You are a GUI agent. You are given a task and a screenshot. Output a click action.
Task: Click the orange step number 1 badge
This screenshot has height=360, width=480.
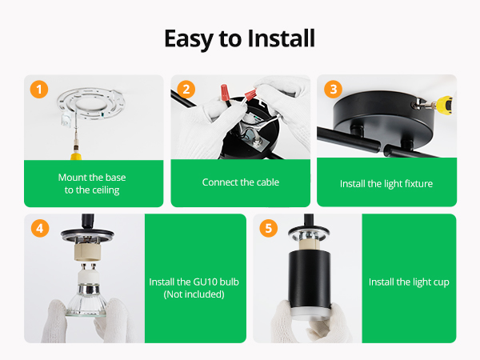click(39, 90)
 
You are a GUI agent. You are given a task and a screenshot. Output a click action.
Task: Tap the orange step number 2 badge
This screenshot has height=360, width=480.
click(186, 90)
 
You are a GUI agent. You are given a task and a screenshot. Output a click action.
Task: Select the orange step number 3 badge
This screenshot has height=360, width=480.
click(333, 90)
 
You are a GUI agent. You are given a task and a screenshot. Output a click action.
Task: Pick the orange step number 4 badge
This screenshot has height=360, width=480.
click(40, 228)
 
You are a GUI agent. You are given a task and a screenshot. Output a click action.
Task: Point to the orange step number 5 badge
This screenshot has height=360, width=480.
click(269, 228)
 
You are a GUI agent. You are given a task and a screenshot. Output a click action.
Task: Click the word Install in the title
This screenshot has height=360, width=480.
click(281, 38)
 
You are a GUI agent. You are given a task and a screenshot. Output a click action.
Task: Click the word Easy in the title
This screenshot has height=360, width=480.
click(189, 40)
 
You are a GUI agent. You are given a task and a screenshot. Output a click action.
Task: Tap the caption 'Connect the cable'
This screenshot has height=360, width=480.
click(241, 182)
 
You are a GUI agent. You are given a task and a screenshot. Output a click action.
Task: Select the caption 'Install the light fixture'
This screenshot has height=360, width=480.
click(386, 184)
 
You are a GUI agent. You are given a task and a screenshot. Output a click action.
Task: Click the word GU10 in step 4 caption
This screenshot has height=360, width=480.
click(206, 282)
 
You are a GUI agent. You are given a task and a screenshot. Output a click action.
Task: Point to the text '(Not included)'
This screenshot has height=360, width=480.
click(194, 294)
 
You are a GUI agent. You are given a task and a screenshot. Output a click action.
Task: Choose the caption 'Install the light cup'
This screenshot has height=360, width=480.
click(409, 282)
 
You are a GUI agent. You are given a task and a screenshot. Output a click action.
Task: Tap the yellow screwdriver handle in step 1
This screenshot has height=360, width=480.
click(76, 155)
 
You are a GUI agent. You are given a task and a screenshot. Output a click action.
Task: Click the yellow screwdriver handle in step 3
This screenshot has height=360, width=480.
click(445, 104)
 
